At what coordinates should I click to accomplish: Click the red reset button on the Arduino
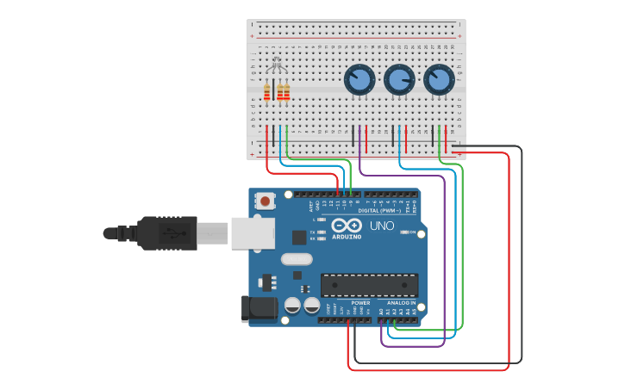pos(266,201)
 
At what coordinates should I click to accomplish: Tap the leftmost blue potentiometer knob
pos(359,81)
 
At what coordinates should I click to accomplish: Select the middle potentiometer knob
pos(398,81)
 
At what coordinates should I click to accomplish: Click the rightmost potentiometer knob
pos(438,81)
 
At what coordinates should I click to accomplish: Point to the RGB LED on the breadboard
pos(276,65)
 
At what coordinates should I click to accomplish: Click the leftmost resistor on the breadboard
pos(267,92)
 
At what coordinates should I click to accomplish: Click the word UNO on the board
pos(382,226)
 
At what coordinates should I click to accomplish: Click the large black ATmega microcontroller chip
pos(369,285)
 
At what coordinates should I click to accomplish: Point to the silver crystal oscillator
pos(296,258)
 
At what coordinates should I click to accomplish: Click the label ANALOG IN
pos(401,303)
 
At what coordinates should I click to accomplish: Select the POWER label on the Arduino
pos(360,303)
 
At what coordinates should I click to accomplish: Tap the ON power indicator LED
pos(404,232)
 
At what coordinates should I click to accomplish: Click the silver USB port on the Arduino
pos(253,232)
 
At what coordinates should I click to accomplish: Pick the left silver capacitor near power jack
pos(293,306)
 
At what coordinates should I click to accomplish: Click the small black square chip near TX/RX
pos(299,237)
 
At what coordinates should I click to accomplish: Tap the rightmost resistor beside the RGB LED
pos(286,92)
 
